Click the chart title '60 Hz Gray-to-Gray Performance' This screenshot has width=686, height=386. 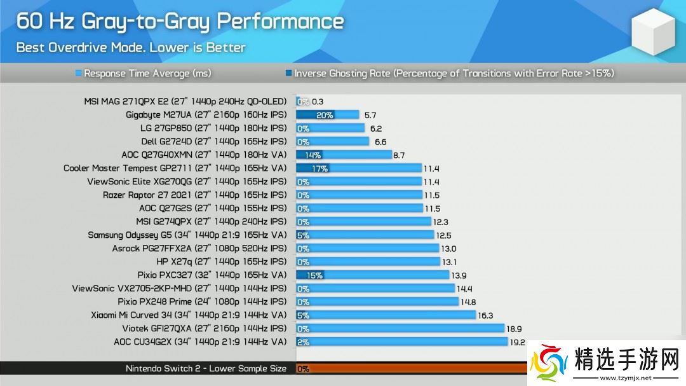180,22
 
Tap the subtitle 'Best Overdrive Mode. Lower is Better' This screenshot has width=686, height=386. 130,48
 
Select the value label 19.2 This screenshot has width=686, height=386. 517,342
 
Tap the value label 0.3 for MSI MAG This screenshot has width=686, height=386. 318,102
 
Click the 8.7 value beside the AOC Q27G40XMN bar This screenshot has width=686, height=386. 399,155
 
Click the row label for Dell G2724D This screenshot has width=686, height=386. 214,142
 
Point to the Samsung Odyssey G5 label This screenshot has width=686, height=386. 187,235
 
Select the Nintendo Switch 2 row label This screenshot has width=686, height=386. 206,369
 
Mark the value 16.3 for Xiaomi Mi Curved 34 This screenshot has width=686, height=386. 486,315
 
